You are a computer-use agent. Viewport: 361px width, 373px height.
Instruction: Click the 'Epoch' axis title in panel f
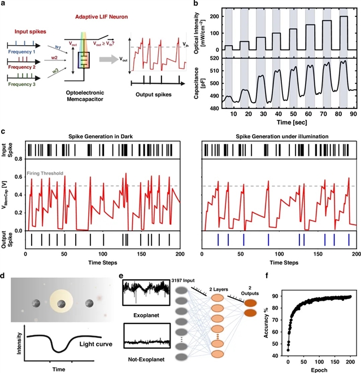[x=320, y=368]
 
